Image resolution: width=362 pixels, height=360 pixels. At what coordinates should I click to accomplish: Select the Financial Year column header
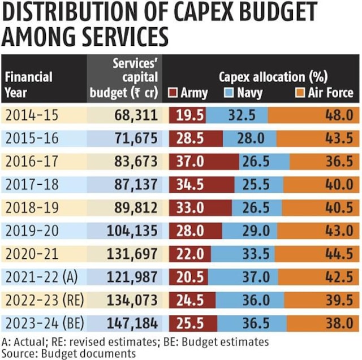pos(29,84)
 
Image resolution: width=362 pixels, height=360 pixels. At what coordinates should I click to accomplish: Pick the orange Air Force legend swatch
pos(299,93)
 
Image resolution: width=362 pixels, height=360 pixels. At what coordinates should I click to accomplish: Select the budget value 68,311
pos(135,115)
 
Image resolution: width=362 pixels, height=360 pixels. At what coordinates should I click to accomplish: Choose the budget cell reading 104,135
pos(131,231)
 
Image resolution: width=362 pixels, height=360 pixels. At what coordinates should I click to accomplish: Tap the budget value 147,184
pos(131,323)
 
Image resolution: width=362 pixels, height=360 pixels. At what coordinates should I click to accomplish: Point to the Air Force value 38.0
pos(339,323)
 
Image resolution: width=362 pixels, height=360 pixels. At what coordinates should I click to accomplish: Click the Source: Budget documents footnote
pos(69,353)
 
